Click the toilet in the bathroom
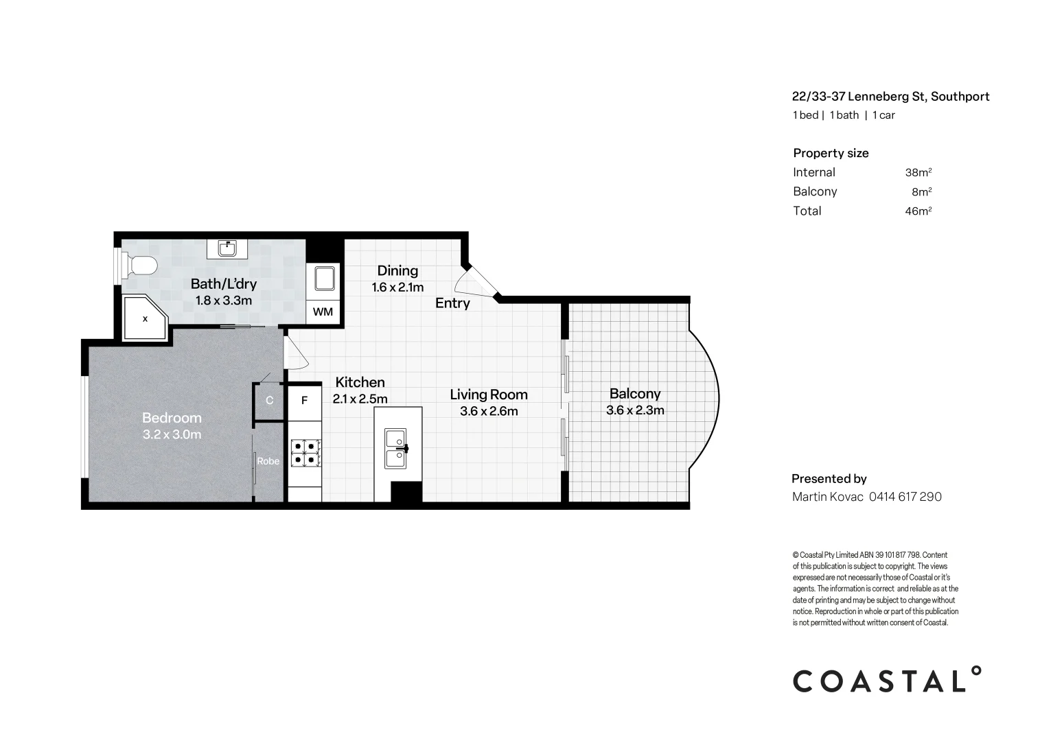(139, 266)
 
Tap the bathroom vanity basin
(227, 248)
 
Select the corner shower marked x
(146, 318)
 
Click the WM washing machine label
(323, 311)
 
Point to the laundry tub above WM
(324, 279)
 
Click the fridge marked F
(305, 401)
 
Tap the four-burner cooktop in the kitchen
(305, 453)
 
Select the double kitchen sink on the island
(396, 449)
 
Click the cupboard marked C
(269, 401)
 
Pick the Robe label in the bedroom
(268, 461)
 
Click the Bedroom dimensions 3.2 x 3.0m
(172, 435)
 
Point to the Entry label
(452, 303)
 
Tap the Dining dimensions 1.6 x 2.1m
(398, 287)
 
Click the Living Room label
(489, 395)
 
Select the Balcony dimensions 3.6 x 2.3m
(635, 410)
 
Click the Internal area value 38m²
(918, 172)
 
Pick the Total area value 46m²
(918, 211)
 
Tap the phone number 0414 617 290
(905, 497)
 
